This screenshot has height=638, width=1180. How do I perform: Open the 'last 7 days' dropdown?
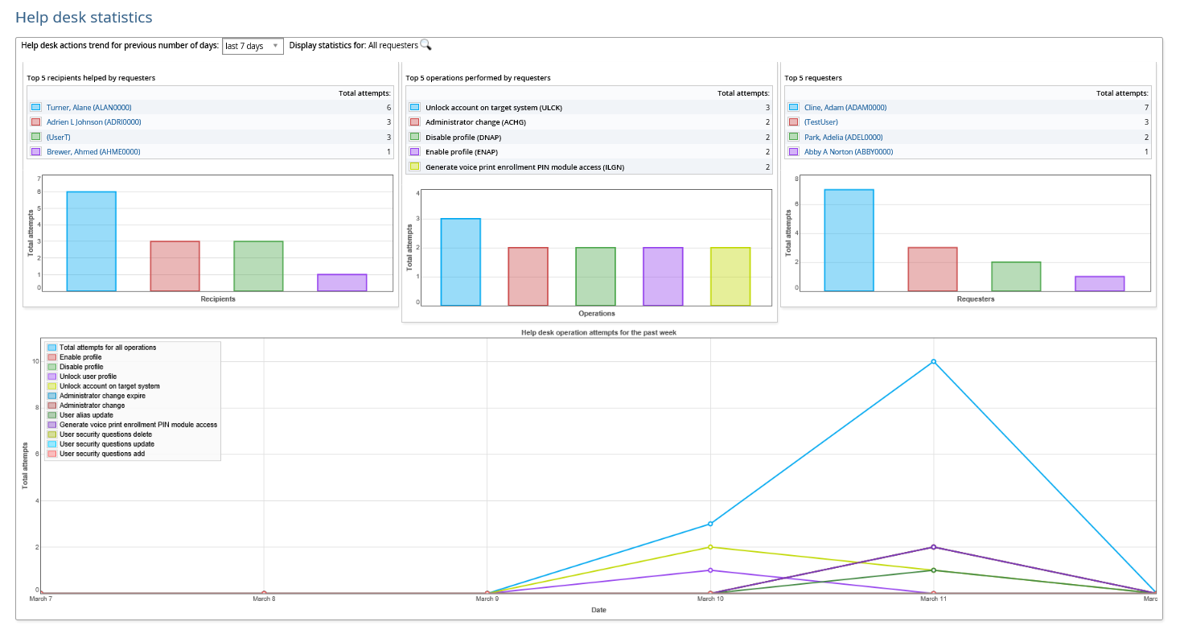252,46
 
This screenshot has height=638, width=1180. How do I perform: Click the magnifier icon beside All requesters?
426,45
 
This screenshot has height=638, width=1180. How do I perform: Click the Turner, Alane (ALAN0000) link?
88,108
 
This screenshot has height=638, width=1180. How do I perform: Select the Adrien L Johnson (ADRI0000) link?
93,122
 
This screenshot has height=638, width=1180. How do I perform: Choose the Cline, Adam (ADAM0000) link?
845,108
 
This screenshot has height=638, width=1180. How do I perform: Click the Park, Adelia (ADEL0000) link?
843,138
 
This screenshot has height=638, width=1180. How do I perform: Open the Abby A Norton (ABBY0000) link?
848,152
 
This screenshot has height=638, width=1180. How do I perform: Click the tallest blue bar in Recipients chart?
92,241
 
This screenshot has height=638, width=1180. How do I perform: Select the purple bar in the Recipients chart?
342,282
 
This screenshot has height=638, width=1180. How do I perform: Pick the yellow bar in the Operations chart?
730,276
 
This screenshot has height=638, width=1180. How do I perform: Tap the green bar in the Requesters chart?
1016,276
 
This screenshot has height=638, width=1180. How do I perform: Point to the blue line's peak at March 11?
933,361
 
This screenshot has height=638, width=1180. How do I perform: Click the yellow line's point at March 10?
710,547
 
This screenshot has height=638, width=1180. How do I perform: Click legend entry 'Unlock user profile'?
88,377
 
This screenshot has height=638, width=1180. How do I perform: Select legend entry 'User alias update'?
86,415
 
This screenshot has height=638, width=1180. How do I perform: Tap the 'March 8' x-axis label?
264,599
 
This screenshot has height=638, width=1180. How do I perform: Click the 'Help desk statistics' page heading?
84,17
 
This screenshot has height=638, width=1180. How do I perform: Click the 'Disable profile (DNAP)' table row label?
463,138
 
